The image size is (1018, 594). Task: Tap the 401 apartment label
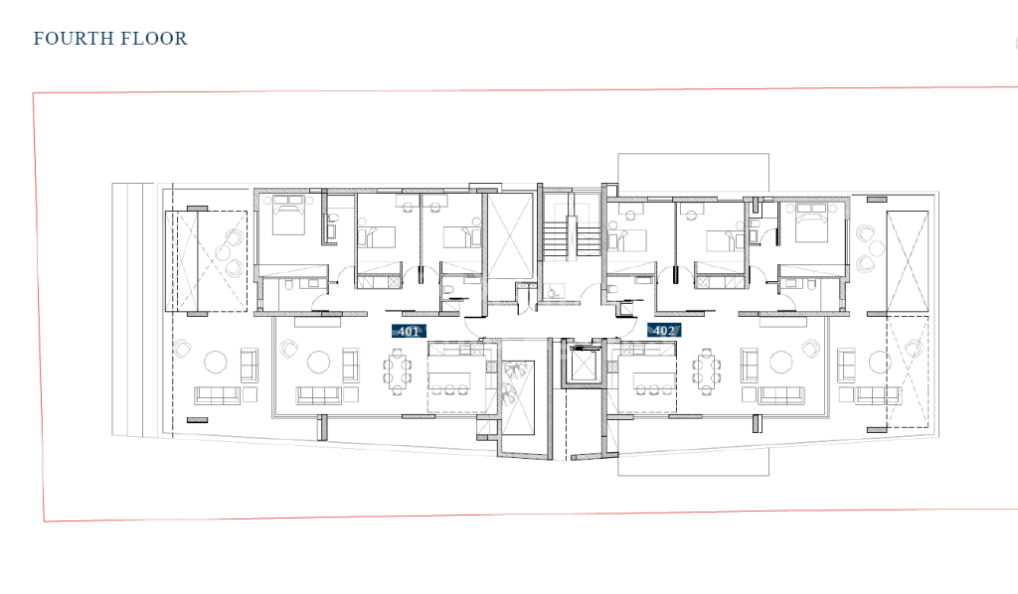pos(409,332)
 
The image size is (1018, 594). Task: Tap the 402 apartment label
pos(663,331)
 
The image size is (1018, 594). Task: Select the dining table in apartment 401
pos(397,371)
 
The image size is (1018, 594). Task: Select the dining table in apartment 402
pos(706,370)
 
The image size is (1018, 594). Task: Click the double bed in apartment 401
pos(288,215)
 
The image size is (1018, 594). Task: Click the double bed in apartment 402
pos(810,222)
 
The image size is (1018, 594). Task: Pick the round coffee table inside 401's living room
pos(319,362)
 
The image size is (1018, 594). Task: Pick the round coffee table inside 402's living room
pos(781,362)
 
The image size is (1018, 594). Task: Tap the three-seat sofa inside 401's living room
pos(318,395)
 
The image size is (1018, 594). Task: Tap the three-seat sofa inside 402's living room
pos(781,395)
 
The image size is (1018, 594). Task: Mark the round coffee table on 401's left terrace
pos(216,362)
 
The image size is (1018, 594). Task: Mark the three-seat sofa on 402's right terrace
pos(878,395)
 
